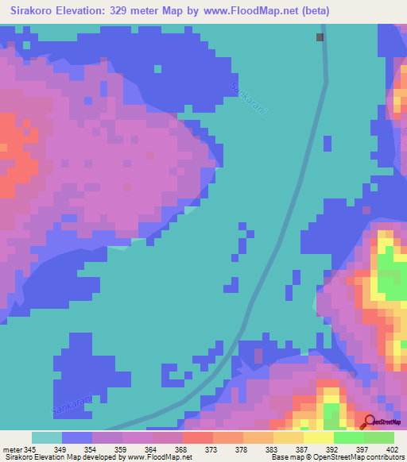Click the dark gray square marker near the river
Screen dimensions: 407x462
[320, 37]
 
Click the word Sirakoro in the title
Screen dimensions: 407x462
[36, 11]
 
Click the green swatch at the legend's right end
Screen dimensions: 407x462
[379, 437]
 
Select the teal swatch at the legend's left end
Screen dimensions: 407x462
[47, 437]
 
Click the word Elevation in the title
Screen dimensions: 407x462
[83, 11]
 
